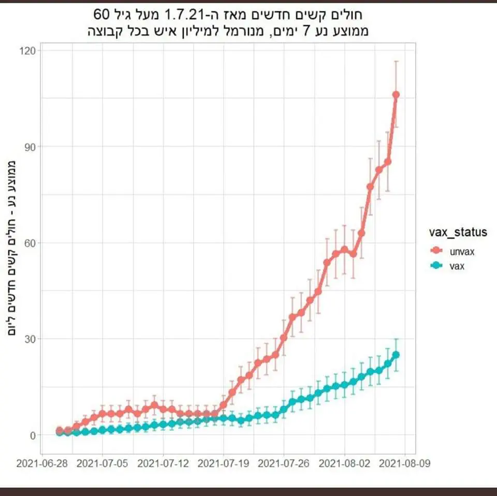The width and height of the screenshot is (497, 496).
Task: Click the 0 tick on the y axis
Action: [33, 435]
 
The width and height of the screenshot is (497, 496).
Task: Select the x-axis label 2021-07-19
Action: [224, 463]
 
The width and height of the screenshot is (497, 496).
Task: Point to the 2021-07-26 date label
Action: [284, 463]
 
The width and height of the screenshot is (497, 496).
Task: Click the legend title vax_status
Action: [458, 232]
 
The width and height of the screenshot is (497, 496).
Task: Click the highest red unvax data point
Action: [396, 95]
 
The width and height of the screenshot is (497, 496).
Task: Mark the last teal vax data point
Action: [396, 355]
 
